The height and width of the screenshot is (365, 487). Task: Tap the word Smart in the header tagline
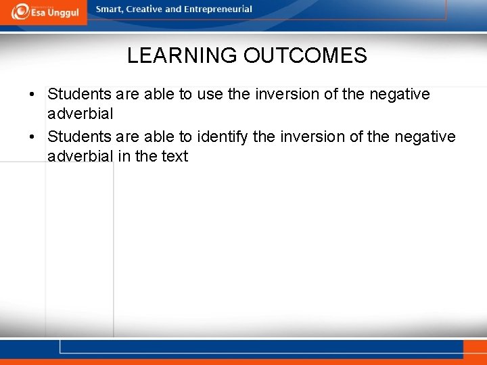(x=108, y=9)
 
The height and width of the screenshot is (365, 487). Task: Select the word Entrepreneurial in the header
(x=217, y=9)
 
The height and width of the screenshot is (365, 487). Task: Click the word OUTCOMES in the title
(x=305, y=55)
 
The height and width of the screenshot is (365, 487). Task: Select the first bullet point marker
(x=32, y=94)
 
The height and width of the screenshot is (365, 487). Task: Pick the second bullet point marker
(x=32, y=137)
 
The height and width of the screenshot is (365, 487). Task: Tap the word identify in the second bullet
(x=223, y=137)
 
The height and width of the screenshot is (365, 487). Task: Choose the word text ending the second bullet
(x=174, y=156)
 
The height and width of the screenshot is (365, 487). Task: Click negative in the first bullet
(x=399, y=94)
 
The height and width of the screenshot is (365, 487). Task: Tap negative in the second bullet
(x=425, y=137)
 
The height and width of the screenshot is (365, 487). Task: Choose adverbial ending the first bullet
(x=80, y=114)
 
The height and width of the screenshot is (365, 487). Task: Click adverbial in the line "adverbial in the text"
(x=80, y=156)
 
